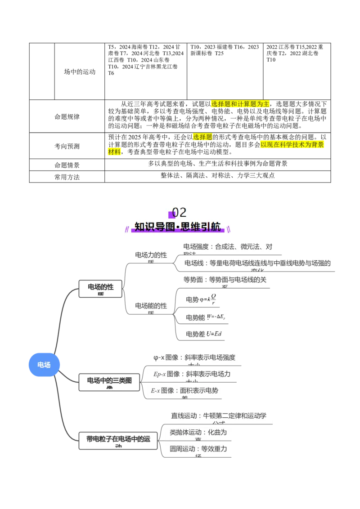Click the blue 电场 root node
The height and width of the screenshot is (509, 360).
click(44, 365)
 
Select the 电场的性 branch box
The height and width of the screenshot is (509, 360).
click(100, 288)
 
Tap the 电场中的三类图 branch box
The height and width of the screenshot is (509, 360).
click(109, 382)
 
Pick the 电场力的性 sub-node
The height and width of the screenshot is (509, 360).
click(151, 256)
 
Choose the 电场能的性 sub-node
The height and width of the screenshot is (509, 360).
click(151, 307)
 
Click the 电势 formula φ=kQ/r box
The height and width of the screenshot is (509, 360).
click(198, 299)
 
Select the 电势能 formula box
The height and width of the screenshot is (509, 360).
click(202, 317)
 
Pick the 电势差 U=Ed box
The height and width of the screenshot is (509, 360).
click(201, 334)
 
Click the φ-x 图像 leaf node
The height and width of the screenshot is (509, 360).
click(194, 358)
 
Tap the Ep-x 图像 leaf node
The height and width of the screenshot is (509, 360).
click(192, 375)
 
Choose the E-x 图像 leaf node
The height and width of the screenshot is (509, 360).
click(184, 391)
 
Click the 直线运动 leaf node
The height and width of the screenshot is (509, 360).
click(218, 417)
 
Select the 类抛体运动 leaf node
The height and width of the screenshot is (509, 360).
click(198, 433)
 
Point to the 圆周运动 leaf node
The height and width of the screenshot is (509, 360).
click(198, 450)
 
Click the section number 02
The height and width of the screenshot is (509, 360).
click(179, 212)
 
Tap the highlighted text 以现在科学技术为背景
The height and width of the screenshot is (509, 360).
click(292, 145)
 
